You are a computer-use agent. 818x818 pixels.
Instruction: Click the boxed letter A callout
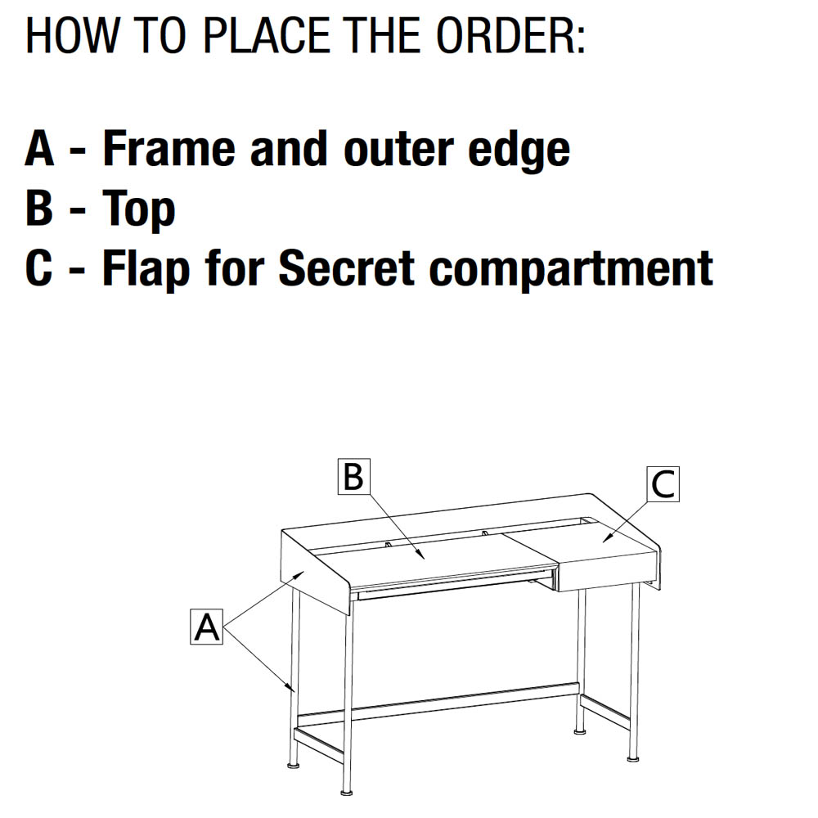pos(207,627)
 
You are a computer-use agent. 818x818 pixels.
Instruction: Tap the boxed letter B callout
pos(353,476)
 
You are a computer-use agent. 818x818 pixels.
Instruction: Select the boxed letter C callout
pos(663,484)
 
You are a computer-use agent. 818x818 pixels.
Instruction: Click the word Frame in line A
pos(169,149)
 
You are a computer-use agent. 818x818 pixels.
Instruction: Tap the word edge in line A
pos(519,151)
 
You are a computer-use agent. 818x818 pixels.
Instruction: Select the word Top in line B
pos(139,209)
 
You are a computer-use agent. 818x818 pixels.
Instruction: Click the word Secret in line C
pos(347,268)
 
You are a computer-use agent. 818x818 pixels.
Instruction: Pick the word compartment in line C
pos(571,270)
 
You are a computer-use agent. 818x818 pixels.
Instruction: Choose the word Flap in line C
pos(146,270)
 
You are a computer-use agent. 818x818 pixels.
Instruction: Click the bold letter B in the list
pos(39,208)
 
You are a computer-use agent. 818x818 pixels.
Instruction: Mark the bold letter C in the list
pos(39,268)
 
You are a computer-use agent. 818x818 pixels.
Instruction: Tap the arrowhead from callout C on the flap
pos(607,538)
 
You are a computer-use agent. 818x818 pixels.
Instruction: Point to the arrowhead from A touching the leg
pos(290,687)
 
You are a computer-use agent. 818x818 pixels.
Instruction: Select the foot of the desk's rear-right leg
pos(579,731)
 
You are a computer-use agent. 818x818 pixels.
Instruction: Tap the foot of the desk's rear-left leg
pos(294,766)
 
